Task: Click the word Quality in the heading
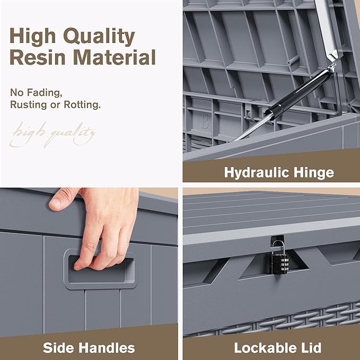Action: point(99,37)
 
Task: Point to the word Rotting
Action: point(82,104)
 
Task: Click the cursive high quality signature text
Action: point(52,135)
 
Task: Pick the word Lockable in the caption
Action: point(264,348)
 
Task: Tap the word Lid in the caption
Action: point(310,348)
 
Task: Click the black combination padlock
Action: point(279,262)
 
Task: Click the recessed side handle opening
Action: point(100,269)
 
